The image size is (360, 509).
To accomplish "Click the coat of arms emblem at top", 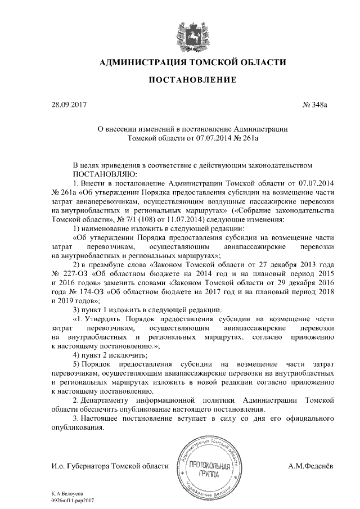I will [x=188, y=33].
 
